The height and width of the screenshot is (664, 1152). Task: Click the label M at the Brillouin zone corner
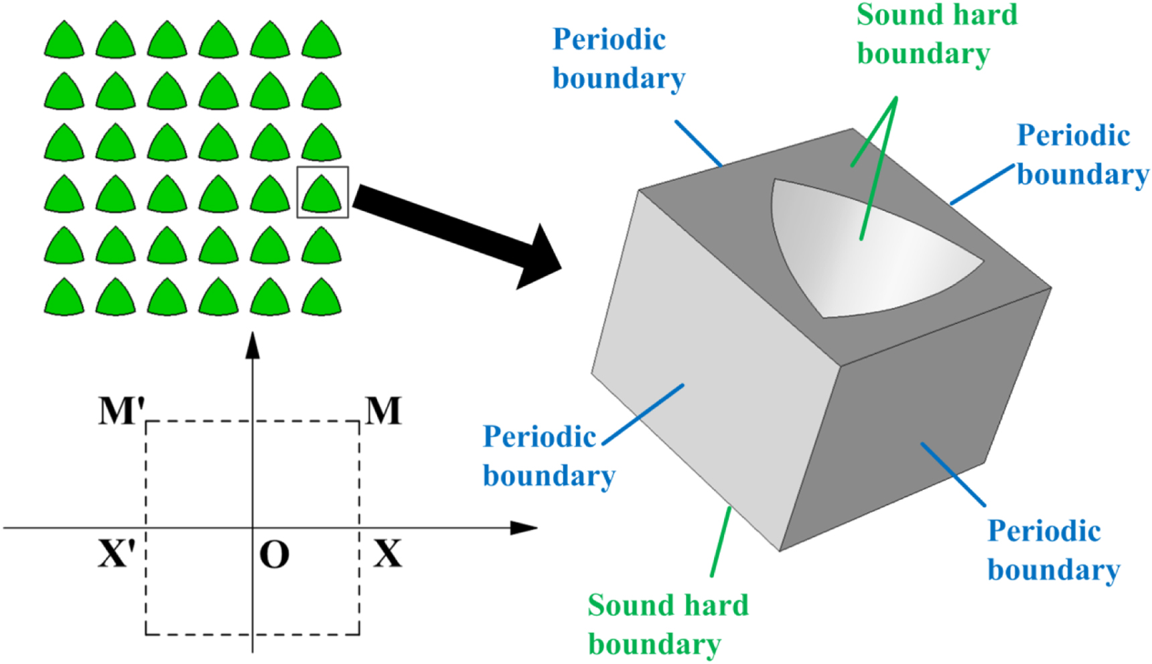click(x=383, y=411)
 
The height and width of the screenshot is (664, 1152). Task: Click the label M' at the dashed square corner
click(x=121, y=411)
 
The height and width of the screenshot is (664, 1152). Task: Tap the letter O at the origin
click(x=274, y=555)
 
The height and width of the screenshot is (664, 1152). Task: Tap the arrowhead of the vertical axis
click(x=253, y=345)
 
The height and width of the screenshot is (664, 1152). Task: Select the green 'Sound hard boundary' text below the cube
click(x=667, y=624)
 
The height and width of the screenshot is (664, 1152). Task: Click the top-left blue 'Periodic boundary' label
click(x=618, y=59)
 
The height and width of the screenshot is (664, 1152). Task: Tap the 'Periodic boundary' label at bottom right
click(x=1053, y=550)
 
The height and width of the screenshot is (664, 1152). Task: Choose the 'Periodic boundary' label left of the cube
click(x=548, y=456)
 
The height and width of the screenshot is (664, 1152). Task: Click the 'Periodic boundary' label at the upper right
click(x=1082, y=155)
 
